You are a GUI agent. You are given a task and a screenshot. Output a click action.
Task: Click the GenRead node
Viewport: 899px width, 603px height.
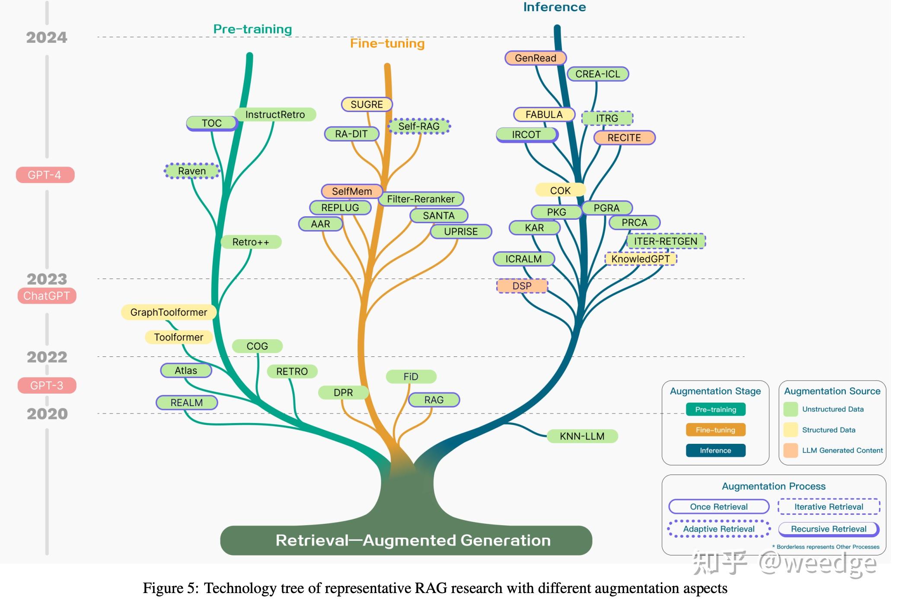pyautogui.click(x=535, y=58)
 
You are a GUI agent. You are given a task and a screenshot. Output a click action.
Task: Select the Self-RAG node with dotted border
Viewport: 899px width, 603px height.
pyautogui.click(x=419, y=126)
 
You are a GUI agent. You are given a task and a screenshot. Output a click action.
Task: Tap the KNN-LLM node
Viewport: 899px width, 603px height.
pyautogui.click(x=582, y=436)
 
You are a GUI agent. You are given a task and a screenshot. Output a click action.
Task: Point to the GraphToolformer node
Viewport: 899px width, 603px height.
pyautogui.click(x=169, y=312)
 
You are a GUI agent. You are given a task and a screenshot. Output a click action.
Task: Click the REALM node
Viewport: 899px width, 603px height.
pyautogui.click(x=186, y=403)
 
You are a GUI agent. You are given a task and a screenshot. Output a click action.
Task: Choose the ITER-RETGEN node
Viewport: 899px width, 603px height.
pyautogui.click(x=666, y=241)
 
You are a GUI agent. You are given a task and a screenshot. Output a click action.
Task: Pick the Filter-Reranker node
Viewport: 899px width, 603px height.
pyautogui.click(x=421, y=199)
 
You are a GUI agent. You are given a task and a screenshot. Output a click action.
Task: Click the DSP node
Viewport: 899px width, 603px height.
pyautogui.click(x=522, y=286)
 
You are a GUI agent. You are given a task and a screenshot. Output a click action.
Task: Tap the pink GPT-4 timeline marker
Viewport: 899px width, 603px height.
pyautogui.click(x=45, y=175)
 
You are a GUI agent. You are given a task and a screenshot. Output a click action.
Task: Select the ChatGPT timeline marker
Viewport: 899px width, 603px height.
pyautogui.click(x=47, y=296)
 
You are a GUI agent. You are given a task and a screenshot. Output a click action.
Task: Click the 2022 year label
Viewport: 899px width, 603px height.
pyautogui.click(x=47, y=357)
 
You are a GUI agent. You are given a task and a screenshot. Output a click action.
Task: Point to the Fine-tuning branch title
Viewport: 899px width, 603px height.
pyautogui.click(x=387, y=44)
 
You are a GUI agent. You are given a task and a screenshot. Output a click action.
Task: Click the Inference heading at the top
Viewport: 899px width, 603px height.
pyautogui.click(x=555, y=7)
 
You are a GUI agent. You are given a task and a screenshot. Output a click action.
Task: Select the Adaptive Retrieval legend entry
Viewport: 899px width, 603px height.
pyautogui.click(x=718, y=529)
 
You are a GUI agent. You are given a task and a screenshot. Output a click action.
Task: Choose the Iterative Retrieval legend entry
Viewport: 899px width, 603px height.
pyautogui.click(x=829, y=507)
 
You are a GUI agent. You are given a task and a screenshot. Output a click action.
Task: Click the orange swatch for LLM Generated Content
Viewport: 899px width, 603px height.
pyautogui.click(x=791, y=450)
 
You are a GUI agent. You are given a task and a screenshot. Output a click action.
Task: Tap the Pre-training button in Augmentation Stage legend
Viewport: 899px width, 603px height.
pyautogui.click(x=715, y=409)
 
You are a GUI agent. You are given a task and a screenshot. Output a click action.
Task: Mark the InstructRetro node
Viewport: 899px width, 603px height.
pyautogui.click(x=275, y=115)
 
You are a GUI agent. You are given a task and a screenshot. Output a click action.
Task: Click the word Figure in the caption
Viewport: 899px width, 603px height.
pyautogui.click(x=164, y=588)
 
